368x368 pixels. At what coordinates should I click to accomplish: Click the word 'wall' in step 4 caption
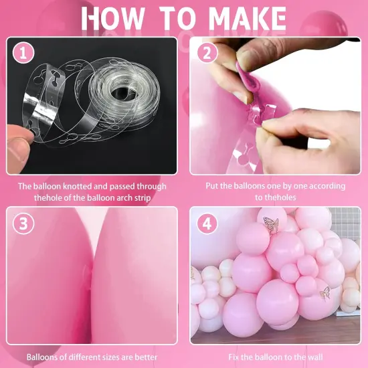(314, 357)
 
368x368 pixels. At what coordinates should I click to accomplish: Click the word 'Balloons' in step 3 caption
(41, 357)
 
